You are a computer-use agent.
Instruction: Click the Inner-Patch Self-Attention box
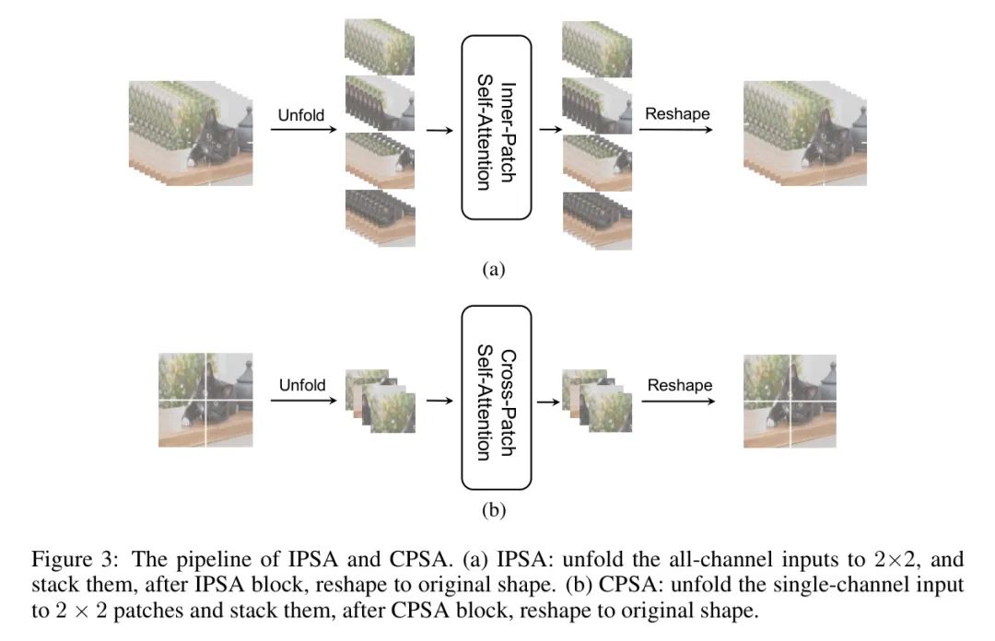coord(497,127)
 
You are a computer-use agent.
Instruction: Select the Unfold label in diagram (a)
coord(301,115)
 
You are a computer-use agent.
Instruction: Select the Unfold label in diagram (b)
coord(303,384)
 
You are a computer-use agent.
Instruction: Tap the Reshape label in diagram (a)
coord(677,114)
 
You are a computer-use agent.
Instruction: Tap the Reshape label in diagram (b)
coord(680,384)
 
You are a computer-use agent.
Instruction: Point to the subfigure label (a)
coord(495,270)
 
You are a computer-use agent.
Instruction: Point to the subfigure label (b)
coord(495,508)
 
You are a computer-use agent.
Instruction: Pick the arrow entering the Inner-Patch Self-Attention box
coord(440,131)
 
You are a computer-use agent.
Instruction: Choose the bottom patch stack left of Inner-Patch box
coord(380,217)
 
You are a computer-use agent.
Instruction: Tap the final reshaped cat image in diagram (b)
coord(790,401)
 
